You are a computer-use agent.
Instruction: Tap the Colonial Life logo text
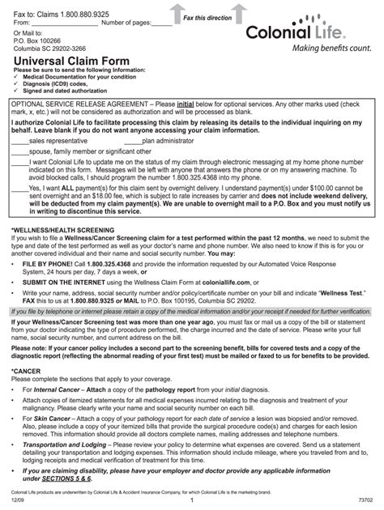[x=318, y=33]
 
